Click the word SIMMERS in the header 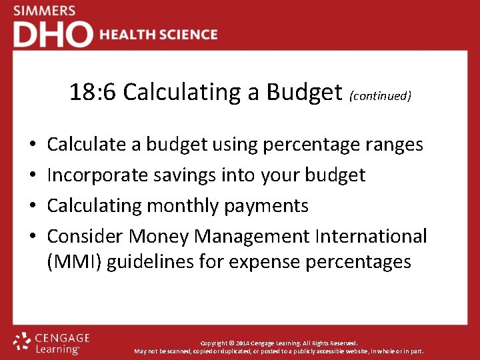coord(44,11)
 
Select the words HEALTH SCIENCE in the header coord(159,35)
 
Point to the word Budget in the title coord(304,92)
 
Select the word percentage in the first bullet coord(313,145)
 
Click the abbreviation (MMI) coord(75,262)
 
